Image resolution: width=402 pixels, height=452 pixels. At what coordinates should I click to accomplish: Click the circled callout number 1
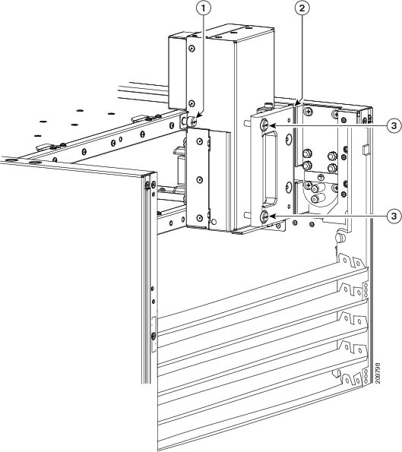pos(204,8)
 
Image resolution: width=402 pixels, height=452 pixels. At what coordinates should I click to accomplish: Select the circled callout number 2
pos(302,8)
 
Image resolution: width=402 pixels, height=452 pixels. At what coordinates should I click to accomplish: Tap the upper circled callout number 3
pos(394,125)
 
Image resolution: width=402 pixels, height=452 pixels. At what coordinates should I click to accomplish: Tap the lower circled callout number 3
pos(394,215)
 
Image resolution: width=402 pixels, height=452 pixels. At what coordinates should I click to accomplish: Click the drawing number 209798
pos(378,373)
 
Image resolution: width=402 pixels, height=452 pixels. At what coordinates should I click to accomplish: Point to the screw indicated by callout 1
pos(191,122)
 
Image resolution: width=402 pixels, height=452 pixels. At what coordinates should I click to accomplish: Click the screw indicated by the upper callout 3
pos(264,125)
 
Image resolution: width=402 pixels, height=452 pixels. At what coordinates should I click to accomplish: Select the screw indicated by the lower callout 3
pos(264,217)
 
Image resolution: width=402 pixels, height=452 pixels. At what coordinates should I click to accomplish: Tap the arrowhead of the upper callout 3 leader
pos(271,125)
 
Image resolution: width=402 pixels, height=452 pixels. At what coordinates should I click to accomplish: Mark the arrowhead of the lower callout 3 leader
pos(271,215)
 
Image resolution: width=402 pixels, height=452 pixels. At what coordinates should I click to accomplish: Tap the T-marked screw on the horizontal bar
pos(320,177)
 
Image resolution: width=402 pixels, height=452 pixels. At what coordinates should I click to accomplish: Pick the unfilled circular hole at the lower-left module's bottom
pos(214,222)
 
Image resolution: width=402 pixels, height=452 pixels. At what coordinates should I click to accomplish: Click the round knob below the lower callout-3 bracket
pos(340,238)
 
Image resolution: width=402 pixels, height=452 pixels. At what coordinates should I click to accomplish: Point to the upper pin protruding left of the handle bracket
pos(246,122)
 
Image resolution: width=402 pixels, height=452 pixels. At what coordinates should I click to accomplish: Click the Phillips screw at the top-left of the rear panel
pos(309,111)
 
